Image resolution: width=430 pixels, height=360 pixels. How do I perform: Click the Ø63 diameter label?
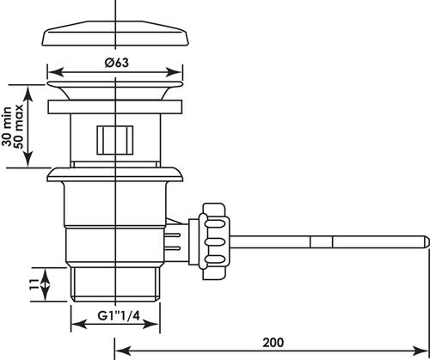(x=117, y=63)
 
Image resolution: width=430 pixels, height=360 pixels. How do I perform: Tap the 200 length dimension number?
(x=273, y=343)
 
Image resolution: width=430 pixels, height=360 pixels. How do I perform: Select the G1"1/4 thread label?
(x=119, y=316)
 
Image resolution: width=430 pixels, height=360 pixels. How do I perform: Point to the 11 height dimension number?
(x=34, y=284)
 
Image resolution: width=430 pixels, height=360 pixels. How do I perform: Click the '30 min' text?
(x=7, y=126)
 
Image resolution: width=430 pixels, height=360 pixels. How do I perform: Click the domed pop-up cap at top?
(x=115, y=34)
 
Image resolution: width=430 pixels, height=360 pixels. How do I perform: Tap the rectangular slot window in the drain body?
(x=115, y=140)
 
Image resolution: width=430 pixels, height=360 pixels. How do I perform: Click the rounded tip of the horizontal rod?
(x=427, y=242)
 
